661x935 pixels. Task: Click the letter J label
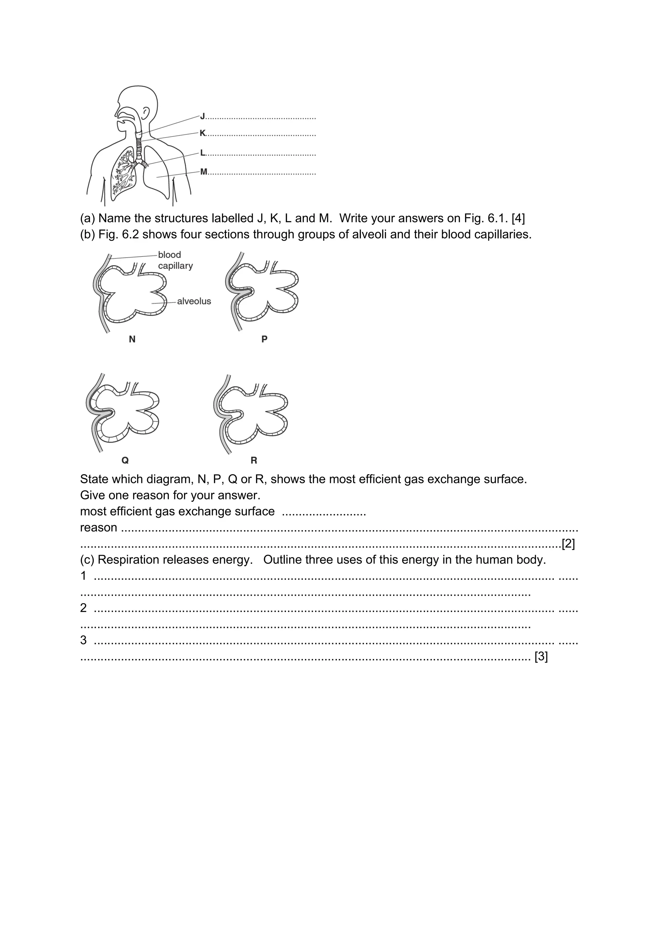202,117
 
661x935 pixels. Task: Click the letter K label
202,133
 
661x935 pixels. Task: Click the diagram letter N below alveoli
132,339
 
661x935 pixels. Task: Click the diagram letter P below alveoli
264,339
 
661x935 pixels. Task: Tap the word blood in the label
169,255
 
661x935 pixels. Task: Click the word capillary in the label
176,266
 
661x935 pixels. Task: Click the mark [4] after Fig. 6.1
518,218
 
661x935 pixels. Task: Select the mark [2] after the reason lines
568,544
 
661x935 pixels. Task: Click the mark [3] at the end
541,656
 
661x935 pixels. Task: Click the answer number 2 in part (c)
84,608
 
